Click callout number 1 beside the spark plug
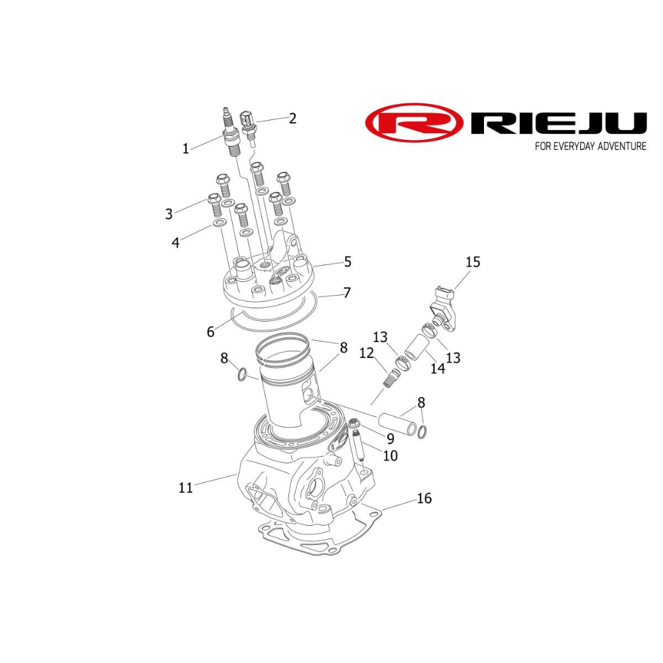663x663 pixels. coord(186,149)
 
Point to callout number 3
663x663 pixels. coord(169,213)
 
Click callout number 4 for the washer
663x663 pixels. coord(175,243)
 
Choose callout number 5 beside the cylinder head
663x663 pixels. coord(347,262)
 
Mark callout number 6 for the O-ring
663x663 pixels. coord(210,331)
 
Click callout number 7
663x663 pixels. coord(346,292)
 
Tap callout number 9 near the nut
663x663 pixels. coord(391,438)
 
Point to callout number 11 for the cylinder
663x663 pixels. coord(186,487)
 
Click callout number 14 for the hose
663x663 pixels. coord(438,369)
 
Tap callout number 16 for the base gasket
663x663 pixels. coord(424,498)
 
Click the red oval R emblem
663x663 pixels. coord(414,123)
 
